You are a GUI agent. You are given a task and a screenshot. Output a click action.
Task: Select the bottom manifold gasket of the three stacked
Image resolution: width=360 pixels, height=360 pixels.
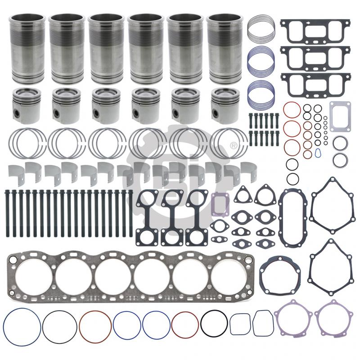pos(315,84)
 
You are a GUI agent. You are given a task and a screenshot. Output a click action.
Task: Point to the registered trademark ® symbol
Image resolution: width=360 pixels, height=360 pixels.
pos(234,146)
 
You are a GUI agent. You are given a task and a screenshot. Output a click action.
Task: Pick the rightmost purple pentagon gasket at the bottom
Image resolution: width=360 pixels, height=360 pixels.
pos(332,318)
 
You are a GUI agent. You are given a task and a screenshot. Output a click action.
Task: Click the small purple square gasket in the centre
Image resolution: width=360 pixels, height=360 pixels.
pos(221,202)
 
